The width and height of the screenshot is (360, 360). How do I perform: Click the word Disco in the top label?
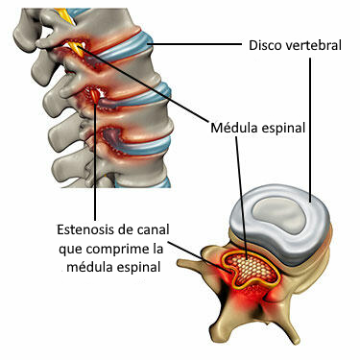point(267,44)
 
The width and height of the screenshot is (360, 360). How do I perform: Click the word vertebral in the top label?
point(317,44)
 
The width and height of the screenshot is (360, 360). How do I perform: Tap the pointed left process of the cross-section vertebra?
point(204,255)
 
